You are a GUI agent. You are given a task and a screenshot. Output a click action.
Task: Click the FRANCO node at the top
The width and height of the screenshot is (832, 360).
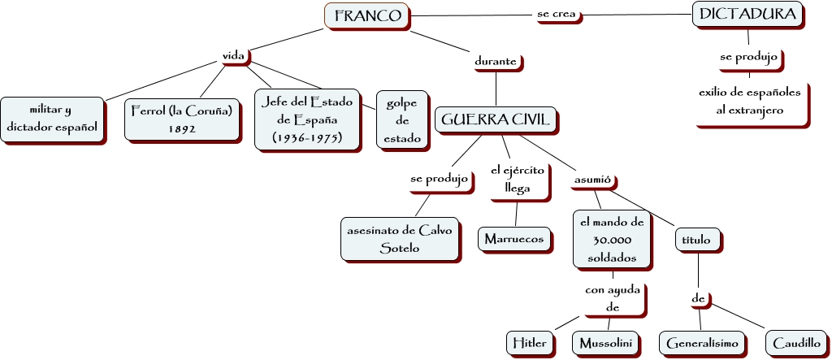click(x=366, y=15)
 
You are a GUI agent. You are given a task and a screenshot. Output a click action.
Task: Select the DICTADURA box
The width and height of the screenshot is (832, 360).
click(x=748, y=15)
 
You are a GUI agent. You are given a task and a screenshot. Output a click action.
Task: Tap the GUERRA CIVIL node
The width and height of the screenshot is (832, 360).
click(x=496, y=120)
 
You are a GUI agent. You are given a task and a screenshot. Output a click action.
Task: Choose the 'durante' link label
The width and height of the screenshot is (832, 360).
click(x=496, y=61)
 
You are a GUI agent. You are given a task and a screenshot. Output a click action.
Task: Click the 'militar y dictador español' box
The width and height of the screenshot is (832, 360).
click(x=52, y=119)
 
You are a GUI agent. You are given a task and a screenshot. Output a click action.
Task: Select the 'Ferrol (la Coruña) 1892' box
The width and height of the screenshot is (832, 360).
click(x=183, y=119)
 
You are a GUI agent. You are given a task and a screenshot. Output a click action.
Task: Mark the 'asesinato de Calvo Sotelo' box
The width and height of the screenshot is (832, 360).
click(x=400, y=239)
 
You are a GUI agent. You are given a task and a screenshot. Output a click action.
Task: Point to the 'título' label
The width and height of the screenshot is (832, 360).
click(x=696, y=240)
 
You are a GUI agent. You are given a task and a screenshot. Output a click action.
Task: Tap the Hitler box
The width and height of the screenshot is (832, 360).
click(x=530, y=343)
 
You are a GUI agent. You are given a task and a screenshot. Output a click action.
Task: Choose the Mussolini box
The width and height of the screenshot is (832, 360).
click(x=605, y=343)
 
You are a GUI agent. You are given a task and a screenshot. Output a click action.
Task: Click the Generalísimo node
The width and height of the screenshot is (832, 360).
click(x=701, y=343)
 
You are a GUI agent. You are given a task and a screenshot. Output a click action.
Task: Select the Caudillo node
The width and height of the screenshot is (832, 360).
click(x=795, y=343)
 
